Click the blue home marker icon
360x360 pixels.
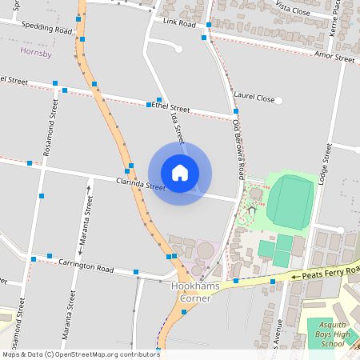179,173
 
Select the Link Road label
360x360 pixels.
179,24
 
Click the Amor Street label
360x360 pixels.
334,58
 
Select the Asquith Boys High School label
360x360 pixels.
330,338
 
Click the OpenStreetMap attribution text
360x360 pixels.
80,354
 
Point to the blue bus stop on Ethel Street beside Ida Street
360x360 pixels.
149,105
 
